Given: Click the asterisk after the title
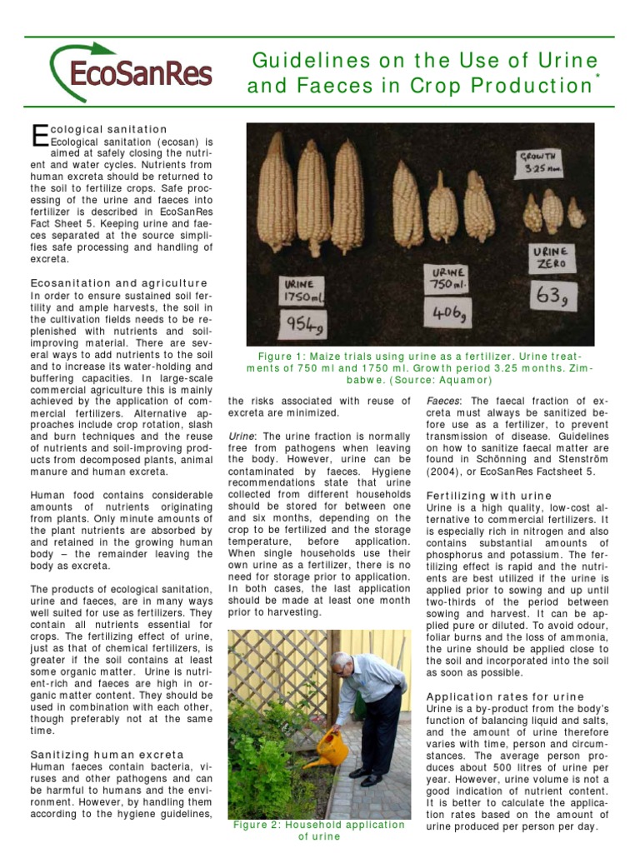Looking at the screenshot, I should pos(597,76).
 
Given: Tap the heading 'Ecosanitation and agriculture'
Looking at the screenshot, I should pos(118,283).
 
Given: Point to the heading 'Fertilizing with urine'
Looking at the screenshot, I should pos(489,496).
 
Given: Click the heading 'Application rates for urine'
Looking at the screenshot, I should pos(505,696).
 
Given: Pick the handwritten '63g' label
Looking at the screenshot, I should pos(553,295).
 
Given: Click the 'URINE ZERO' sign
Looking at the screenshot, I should pos(551,257).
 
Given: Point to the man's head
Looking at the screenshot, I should pos(342,664).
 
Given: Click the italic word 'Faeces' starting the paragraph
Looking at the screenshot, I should pos(443,401).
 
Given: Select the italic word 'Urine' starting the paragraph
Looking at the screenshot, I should pos(241,436).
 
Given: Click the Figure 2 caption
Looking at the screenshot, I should pos(319,831).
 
